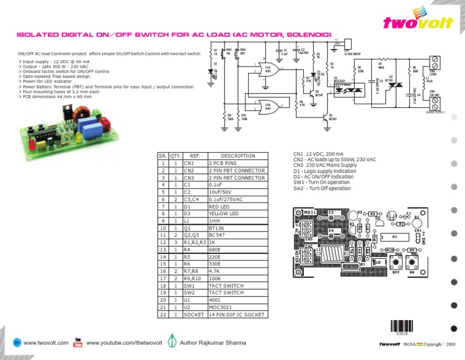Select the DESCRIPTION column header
pyautogui.click(x=237, y=156)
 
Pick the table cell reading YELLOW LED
pyautogui.click(x=237, y=213)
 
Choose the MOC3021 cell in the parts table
pyautogui.click(x=237, y=308)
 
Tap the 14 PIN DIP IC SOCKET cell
pyautogui.click(x=237, y=315)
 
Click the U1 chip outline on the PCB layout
pyautogui.click(x=395, y=236)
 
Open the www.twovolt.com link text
pyautogui.click(x=46, y=343)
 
